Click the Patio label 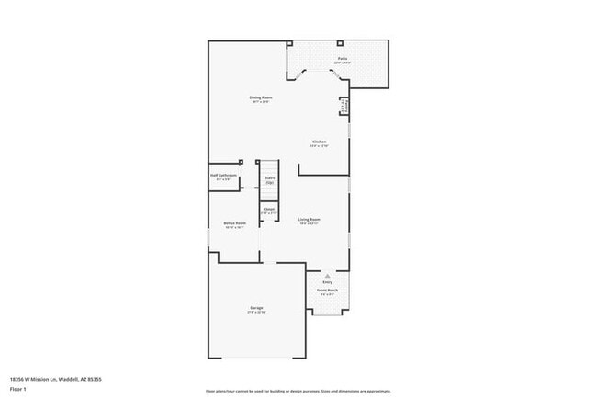tap(342, 58)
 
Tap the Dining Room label tap(261, 97)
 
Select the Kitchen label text tap(319, 141)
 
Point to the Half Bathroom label tap(224, 175)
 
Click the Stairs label tap(270, 177)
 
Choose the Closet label tap(269, 209)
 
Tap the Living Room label tap(309, 218)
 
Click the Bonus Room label tap(234, 222)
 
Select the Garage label tap(255, 308)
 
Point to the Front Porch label tap(327, 290)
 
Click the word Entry tap(327, 281)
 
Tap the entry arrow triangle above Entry tap(327, 274)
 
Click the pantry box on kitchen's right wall tap(344, 106)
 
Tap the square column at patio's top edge tap(340, 43)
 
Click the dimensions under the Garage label tap(255, 313)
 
